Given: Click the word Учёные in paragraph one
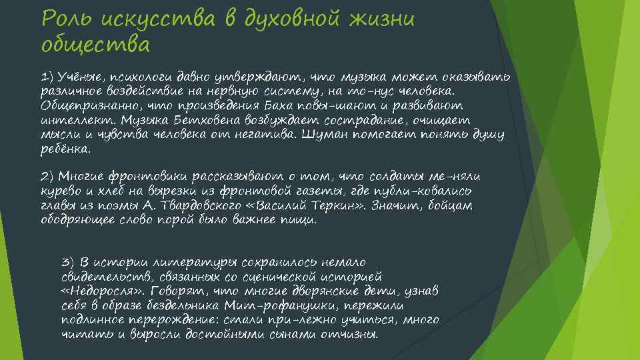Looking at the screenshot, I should coord(79,77).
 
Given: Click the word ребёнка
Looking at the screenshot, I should coord(65,149).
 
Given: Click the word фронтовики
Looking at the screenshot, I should coord(147,177).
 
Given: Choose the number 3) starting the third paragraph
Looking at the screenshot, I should coord(67,261).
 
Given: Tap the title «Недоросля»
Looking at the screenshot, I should coord(103,291).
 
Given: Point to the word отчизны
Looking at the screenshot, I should coord(349,335).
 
